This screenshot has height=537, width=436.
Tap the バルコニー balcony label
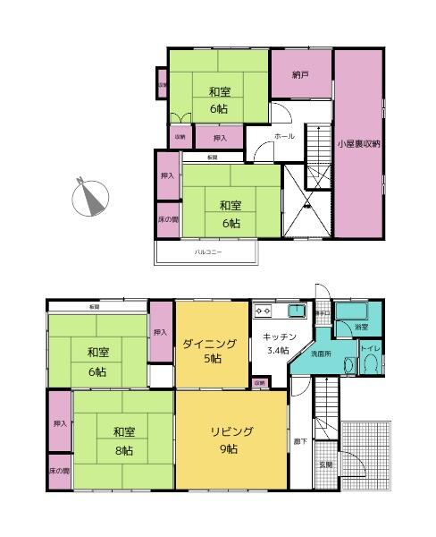tap(208, 252)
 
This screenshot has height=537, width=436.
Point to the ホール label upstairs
tap(284, 137)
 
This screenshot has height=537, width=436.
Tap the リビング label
tap(231, 431)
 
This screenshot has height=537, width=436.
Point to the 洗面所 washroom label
tap(320, 354)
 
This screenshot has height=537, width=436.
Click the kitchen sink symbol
tap(297, 311)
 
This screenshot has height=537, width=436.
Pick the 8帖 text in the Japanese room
tap(124, 450)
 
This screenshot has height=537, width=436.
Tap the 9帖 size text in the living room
tap(231, 449)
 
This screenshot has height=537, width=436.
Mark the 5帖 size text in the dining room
tap(210, 360)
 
